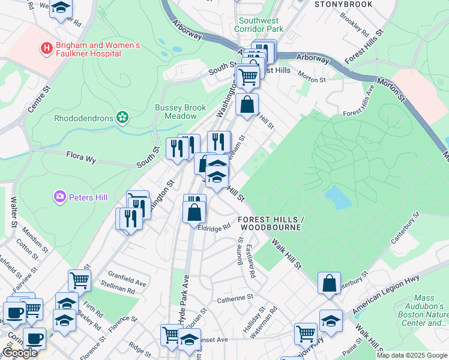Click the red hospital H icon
[45, 47]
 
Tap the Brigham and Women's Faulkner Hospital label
[97, 49]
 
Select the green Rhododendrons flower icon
[123, 117]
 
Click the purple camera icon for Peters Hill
[60, 196]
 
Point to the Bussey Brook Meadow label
[180, 111]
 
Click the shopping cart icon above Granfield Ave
[79, 280]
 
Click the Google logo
[19, 353]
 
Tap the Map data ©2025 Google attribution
[411, 355]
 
